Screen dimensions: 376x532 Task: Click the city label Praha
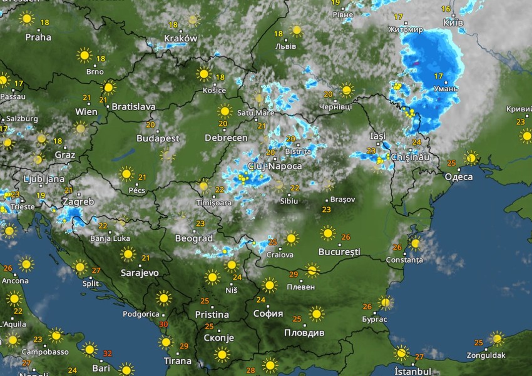click(x=38, y=37)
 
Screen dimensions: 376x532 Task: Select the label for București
click(x=339, y=252)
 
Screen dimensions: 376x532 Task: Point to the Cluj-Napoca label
click(x=275, y=166)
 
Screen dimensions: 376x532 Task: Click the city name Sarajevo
click(x=140, y=273)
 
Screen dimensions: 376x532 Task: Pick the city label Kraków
click(x=180, y=38)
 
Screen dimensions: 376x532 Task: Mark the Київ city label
click(x=453, y=22)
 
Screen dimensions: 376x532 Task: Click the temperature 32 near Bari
click(x=107, y=353)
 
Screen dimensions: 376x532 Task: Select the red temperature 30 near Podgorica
click(x=163, y=324)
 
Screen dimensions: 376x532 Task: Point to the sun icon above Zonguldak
click(x=497, y=338)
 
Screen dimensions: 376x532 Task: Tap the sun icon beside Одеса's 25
click(x=471, y=157)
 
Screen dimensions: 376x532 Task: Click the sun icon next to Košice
click(x=203, y=74)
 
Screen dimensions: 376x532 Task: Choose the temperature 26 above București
click(x=346, y=237)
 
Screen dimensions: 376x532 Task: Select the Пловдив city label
click(x=305, y=332)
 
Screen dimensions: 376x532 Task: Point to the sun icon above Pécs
click(x=127, y=173)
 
